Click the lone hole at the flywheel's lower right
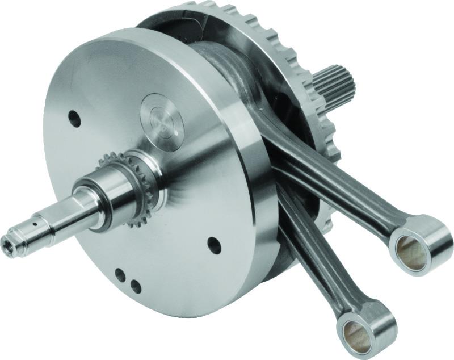(214, 245)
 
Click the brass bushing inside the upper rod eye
(410, 243)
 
